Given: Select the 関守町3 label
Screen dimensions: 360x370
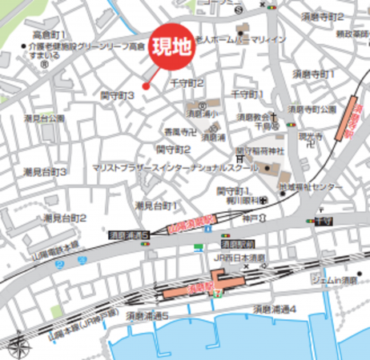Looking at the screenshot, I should [117, 94].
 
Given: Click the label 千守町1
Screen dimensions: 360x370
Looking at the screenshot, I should [248, 94].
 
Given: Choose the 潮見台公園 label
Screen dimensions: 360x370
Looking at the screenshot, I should [45, 118].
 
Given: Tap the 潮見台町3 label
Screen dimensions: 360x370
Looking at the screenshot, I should [45, 172].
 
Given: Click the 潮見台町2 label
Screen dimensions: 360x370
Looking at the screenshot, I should [65, 218].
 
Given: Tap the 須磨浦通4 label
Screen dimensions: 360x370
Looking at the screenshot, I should [275, 309].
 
